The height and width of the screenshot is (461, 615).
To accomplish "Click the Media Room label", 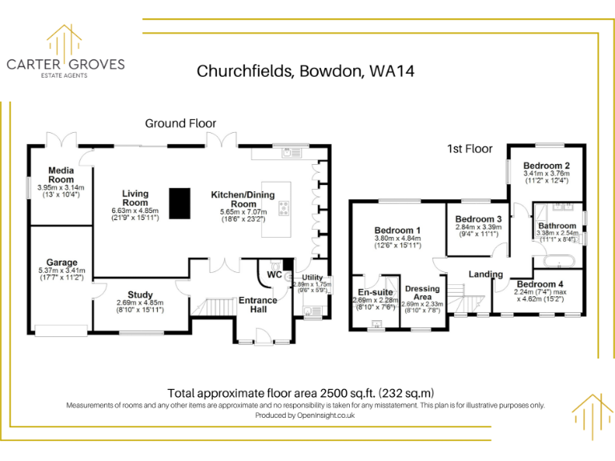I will coord(61,174).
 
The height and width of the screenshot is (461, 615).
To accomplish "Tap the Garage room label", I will coord(61,263).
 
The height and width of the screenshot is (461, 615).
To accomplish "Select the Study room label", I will coord(128,295).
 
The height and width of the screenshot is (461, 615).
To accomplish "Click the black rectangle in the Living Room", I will coord(180,202).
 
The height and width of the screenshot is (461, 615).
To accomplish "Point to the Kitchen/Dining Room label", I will coord(243,199).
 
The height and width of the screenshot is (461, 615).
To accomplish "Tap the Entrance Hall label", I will coord(258,306).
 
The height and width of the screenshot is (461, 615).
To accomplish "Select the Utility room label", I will coord(312,277).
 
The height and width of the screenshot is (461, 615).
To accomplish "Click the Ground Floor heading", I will coord(180,123).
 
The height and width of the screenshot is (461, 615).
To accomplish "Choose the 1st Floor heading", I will coord(470,149).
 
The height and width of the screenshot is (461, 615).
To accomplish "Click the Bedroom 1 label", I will coord(397,230).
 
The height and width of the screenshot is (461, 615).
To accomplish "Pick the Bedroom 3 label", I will coord(479,218).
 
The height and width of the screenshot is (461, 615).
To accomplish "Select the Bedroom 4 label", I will coord(540,284).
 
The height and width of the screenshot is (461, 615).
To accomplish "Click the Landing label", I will coord(485,275).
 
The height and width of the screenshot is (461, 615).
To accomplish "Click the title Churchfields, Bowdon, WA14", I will coord(306,70).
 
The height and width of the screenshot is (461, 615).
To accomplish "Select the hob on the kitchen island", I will coord(284,208).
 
